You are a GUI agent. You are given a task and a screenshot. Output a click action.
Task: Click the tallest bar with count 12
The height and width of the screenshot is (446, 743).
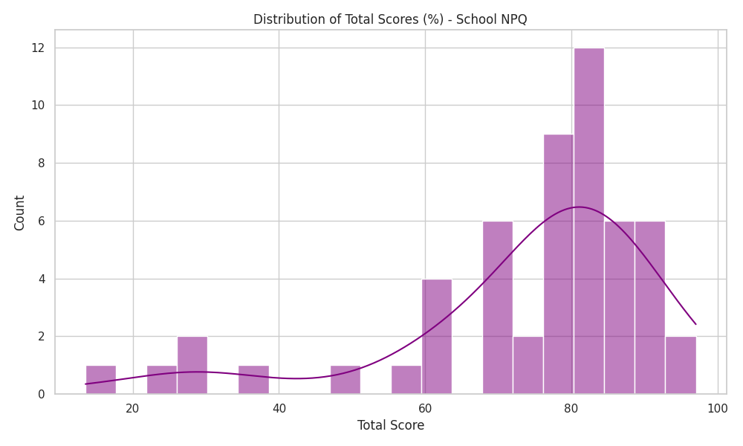(589, 221)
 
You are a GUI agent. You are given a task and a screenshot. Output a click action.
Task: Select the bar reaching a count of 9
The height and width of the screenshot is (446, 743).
(558, 264)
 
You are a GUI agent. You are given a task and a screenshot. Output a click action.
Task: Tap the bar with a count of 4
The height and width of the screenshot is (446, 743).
(436, 337)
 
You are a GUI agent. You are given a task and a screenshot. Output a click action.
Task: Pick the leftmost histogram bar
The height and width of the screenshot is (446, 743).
(101, 380)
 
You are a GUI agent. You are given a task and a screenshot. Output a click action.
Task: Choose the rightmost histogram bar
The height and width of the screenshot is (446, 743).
(681, 365)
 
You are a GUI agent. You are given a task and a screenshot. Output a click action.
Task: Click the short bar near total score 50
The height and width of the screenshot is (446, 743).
(345, 380)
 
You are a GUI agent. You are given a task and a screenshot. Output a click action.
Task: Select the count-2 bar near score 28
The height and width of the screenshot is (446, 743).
(192, 365)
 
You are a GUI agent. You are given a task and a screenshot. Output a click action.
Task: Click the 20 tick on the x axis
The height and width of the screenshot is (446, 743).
(133, 409)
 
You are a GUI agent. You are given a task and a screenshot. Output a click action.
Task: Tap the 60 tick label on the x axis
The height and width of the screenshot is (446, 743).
(425, 409)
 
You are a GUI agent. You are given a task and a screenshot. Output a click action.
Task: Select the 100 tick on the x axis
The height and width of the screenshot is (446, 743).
(718, 409)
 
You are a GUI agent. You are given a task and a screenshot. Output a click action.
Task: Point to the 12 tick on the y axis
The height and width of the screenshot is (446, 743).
(38, 48)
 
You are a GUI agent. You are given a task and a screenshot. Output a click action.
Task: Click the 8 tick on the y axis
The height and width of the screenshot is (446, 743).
(42, 163)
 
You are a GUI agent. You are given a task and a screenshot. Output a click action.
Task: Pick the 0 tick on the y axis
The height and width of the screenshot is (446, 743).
(42, 394)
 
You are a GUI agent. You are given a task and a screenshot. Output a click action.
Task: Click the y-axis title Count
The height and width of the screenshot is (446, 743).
(19, 213)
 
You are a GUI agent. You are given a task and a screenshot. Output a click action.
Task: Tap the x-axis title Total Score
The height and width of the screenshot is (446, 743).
(391, 425)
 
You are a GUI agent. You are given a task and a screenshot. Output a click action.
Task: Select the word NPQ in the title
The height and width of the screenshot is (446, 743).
(513, 19)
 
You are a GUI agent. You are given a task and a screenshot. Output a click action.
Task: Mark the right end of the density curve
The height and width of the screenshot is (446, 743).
(695, 324)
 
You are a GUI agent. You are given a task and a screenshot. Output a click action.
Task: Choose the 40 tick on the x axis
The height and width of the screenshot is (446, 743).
(279, 409)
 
